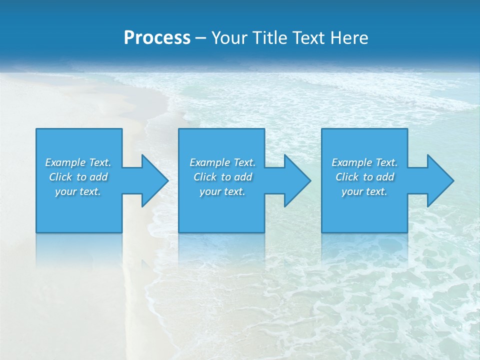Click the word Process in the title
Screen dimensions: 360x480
click(157, 38)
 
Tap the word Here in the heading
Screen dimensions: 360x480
click(349, 38)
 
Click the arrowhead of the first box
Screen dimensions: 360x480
click(153, 180)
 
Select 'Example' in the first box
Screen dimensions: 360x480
click(64, 162)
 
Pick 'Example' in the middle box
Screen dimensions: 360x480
click(209, 162)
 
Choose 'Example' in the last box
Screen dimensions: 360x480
click(351, 162)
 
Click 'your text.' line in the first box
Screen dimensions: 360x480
click(78, 191)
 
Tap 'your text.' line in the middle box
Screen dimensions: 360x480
click(222, 191)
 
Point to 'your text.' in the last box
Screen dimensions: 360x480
click(364, 191)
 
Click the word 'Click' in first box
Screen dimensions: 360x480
click(60, 177)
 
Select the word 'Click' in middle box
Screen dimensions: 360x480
click(205, 177)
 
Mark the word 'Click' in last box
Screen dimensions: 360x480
click(347, 177)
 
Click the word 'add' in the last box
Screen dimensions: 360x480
click(385, 177)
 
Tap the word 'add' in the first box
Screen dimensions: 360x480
click(99, 177)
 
